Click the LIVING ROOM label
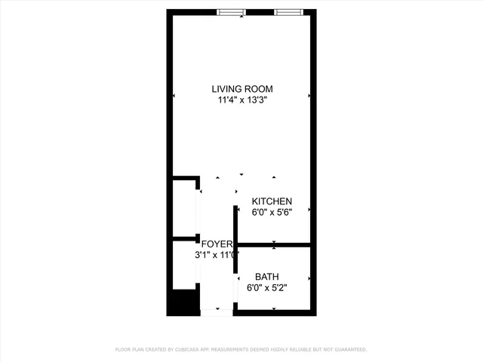241,89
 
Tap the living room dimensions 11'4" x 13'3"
241,100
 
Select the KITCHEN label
272,201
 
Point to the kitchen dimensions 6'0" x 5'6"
272,212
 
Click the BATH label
266,277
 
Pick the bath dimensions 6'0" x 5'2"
266,287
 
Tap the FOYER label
217,244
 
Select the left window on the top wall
231,11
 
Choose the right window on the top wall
289,11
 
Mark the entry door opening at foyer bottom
217,311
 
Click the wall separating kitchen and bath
274,244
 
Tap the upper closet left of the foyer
184,208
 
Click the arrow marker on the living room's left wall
174,96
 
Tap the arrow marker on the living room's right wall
309,96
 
